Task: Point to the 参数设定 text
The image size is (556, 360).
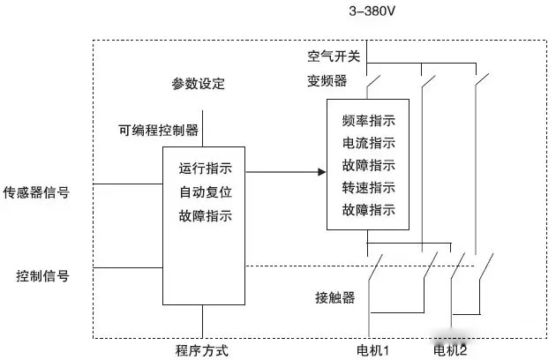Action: (x=199, y=85)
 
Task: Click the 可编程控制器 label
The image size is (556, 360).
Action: (x=159, y=131)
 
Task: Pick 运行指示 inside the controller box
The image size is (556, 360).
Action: (x=206, y=168)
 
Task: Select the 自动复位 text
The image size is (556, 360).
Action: (x=206, y=191)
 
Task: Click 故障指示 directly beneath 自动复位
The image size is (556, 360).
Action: (x=206, y=214)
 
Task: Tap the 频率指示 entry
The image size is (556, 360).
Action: (x=368, y=121)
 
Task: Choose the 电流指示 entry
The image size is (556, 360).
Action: (x=368, y=143)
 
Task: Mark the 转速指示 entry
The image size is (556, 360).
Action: (x=368, y=187)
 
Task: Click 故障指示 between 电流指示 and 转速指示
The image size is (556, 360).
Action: (x=368, y=165)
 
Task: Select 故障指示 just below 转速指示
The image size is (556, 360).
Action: (x=368, y=210)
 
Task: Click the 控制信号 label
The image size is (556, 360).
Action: (x=42, y=276)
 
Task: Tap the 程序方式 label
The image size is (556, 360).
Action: (x=202, y=350)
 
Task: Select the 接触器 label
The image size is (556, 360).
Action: (x=335, y=297)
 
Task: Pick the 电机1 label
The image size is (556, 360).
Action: (x=373, y=350)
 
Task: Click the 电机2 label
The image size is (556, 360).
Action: (x=450, y=350)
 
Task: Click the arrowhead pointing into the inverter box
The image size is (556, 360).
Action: (x=320, y=171)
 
